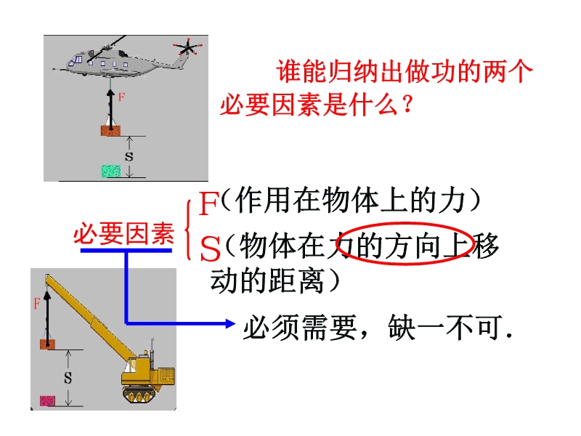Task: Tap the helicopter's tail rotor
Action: tap(188, 48)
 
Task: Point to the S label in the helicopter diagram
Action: tap(129, 156)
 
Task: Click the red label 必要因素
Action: tap(123, 234)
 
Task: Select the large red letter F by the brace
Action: tap(209, 204)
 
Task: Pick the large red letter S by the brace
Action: tap(210, 249)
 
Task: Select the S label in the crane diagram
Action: tap(68, 378)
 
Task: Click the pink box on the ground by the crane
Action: tap(48, 400)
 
